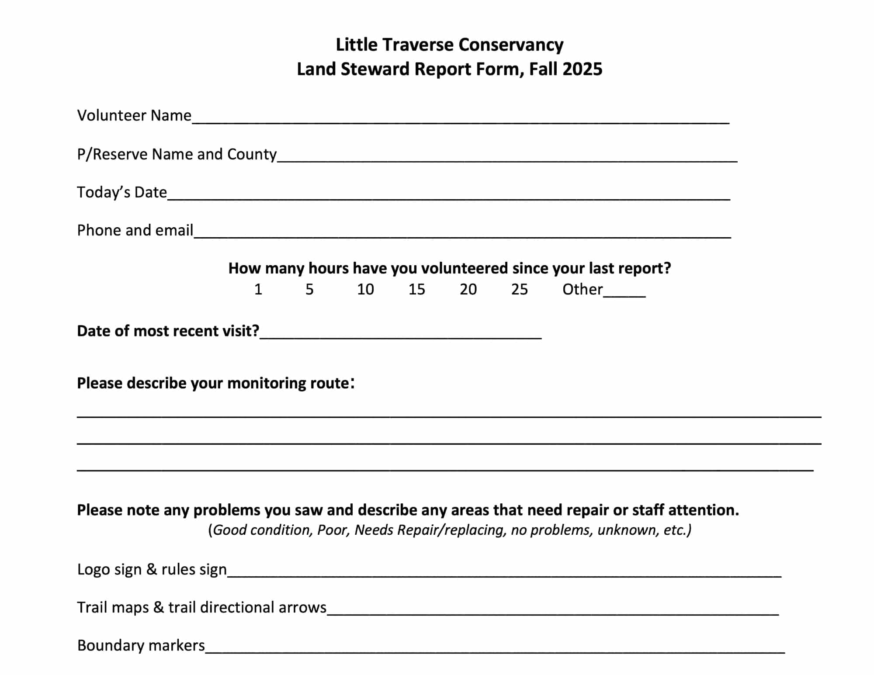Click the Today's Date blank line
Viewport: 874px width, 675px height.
pos(448,195)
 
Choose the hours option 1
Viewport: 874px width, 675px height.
pos(258,290)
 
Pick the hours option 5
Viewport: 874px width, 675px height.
pos(309,290)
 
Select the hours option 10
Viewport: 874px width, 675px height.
pos(365,290)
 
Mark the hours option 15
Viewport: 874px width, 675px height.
pos(416,290)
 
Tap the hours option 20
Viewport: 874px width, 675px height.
pos(468,290)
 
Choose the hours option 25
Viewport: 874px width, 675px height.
pos(520,290)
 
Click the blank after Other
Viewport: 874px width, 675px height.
pos(624,292)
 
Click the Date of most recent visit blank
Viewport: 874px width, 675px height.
pos(401,334)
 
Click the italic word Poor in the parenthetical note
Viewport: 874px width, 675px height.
pos(333,530)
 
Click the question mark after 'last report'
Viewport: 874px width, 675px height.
pos(667,268)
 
